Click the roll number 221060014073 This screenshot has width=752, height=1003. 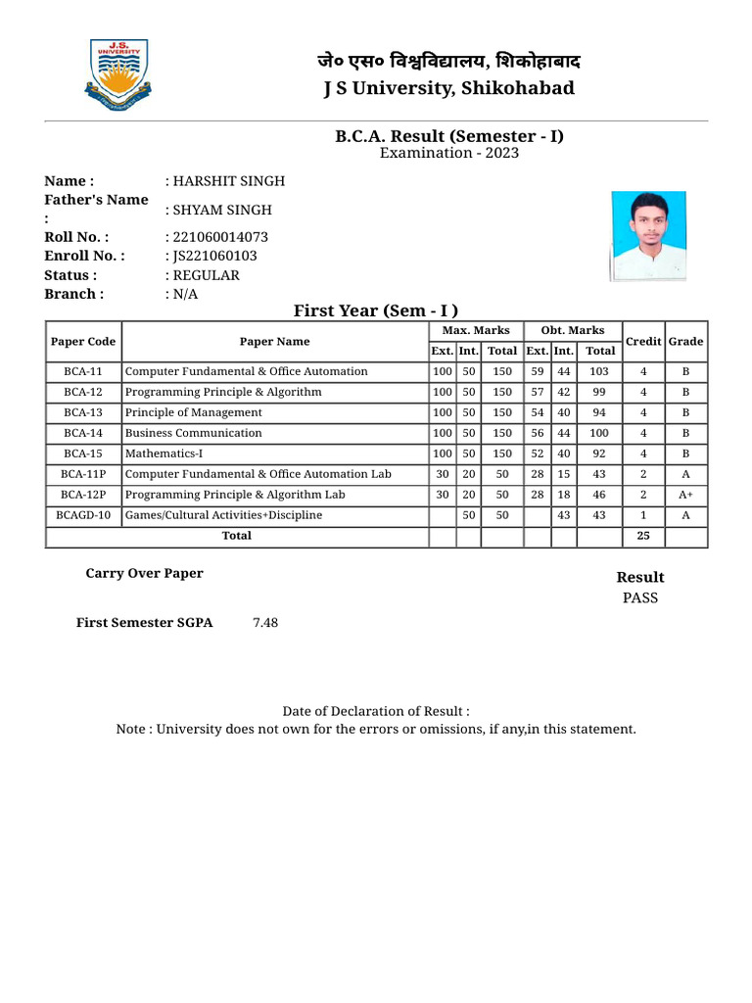[219, 237]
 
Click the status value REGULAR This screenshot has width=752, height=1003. [206, 275]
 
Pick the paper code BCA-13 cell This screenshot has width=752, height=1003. [83, 412]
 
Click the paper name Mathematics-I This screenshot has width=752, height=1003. [164, 454]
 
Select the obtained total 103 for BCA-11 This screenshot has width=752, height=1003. [599, 371]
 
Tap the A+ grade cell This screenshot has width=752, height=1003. [685, 495]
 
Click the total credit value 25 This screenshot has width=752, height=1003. [643, 536]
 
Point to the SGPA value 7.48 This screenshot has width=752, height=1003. [264, 623]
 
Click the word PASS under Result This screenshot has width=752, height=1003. [640, 597]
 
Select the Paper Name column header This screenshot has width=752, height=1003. [274, 342]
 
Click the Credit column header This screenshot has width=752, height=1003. [643, 342]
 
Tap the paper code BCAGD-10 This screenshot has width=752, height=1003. [83, 515]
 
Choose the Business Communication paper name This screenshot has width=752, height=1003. [194, 433]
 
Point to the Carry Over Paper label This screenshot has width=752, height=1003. [144, 574]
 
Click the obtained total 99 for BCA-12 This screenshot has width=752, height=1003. [599, 392]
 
